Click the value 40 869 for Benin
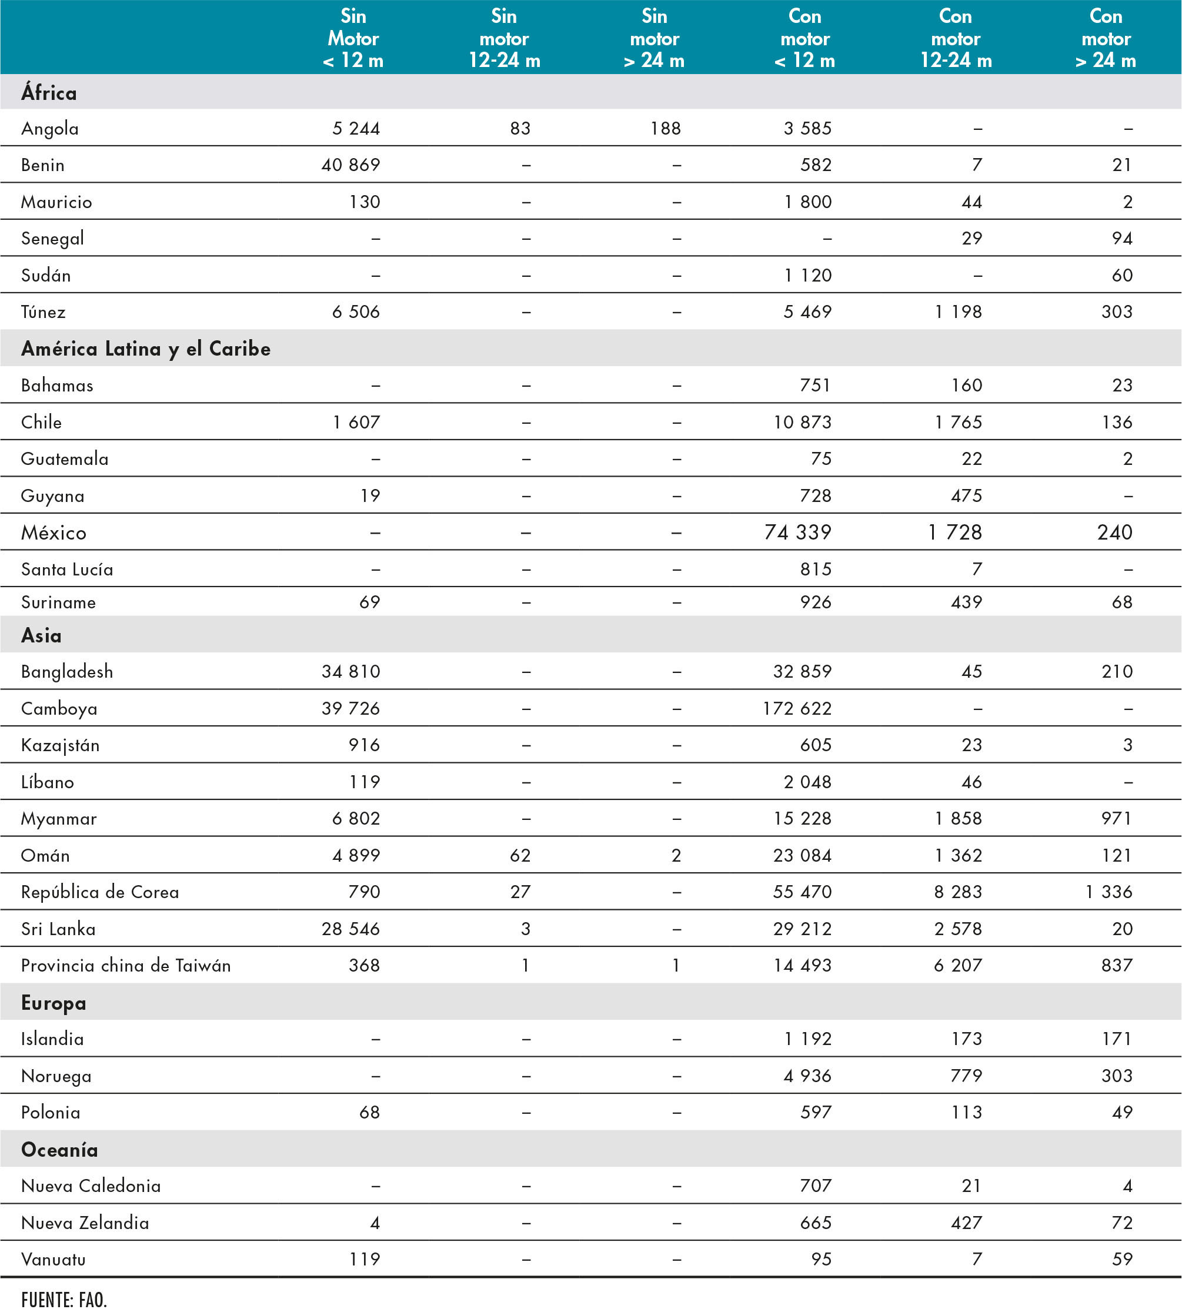[x=350, y=165]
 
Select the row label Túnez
[x=43, y=312]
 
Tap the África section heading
[x=49, y=93]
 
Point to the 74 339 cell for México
[x=797, y=533]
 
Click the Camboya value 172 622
[x=797, y=708]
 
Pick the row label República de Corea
[x=100, y=892]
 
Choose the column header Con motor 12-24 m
[x=956, y=38]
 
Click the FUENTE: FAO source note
[x=64, y=1300]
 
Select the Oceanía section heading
[x=59, y=1150]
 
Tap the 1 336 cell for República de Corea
[x=1108, y=892]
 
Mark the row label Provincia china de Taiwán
[x=125, y=966]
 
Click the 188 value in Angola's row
[x=665, y=129]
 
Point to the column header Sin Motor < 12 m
[x=353, y=38]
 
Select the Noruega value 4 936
[x=807, y=1076]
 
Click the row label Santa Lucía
[x=67, y=570]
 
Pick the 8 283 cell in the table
[x=958, y=892]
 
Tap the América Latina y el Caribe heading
[x=145, y=349]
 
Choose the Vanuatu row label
[x=54, y=1260]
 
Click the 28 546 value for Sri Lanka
[x=350, y=929]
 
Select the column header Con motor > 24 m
[x=1106, y=38]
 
